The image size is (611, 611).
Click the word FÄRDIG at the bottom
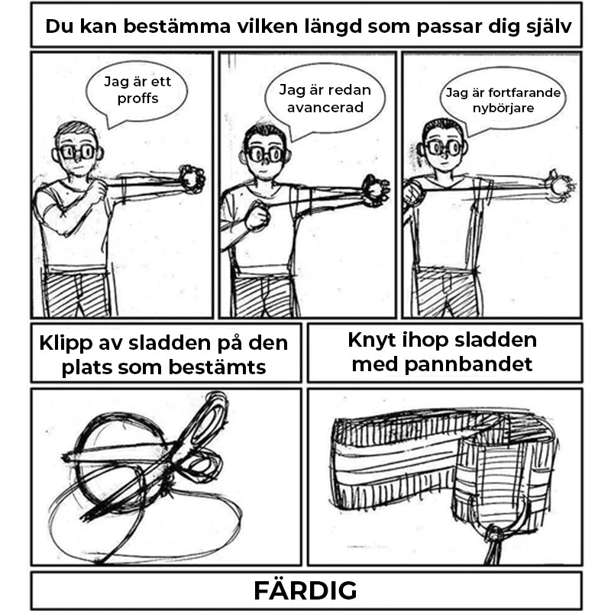(x=305, y=590)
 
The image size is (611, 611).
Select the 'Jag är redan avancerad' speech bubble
(x=325, y=99)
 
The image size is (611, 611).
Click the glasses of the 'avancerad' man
(x=266, y=154)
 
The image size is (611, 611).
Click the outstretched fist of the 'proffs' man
(x=192, y=179)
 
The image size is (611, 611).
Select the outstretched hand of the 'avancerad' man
(x=375, y=189)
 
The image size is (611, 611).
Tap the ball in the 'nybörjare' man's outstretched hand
(x=560, y=185)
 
